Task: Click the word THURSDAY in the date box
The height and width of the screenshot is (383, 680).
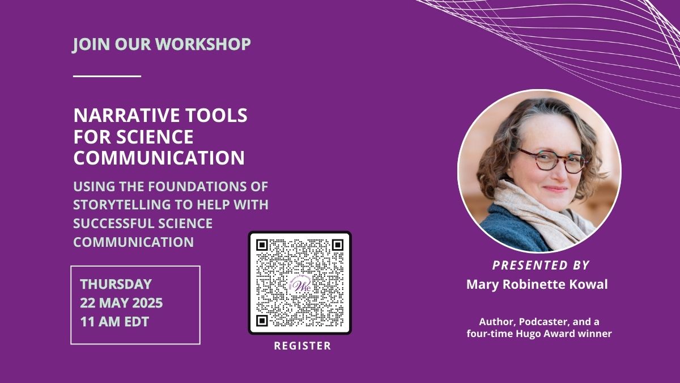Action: [x=116, y=284]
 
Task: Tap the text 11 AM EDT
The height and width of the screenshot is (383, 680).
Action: [x=114, y=322]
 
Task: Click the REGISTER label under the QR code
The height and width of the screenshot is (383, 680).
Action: [x=303, y=346]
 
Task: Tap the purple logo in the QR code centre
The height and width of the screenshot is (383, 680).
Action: [x=300, y=284]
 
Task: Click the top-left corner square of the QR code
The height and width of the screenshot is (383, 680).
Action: [x=262, y=245]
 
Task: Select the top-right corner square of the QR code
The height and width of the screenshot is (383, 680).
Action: [x=338, y=245]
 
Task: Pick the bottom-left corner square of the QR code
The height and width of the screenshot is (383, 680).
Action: [x=262, y=321]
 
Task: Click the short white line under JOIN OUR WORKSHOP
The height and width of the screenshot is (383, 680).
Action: [x=107, y=76]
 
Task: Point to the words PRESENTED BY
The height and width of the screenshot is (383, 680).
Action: [x=541, y=266]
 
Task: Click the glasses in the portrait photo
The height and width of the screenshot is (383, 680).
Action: [x=551, y=160]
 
